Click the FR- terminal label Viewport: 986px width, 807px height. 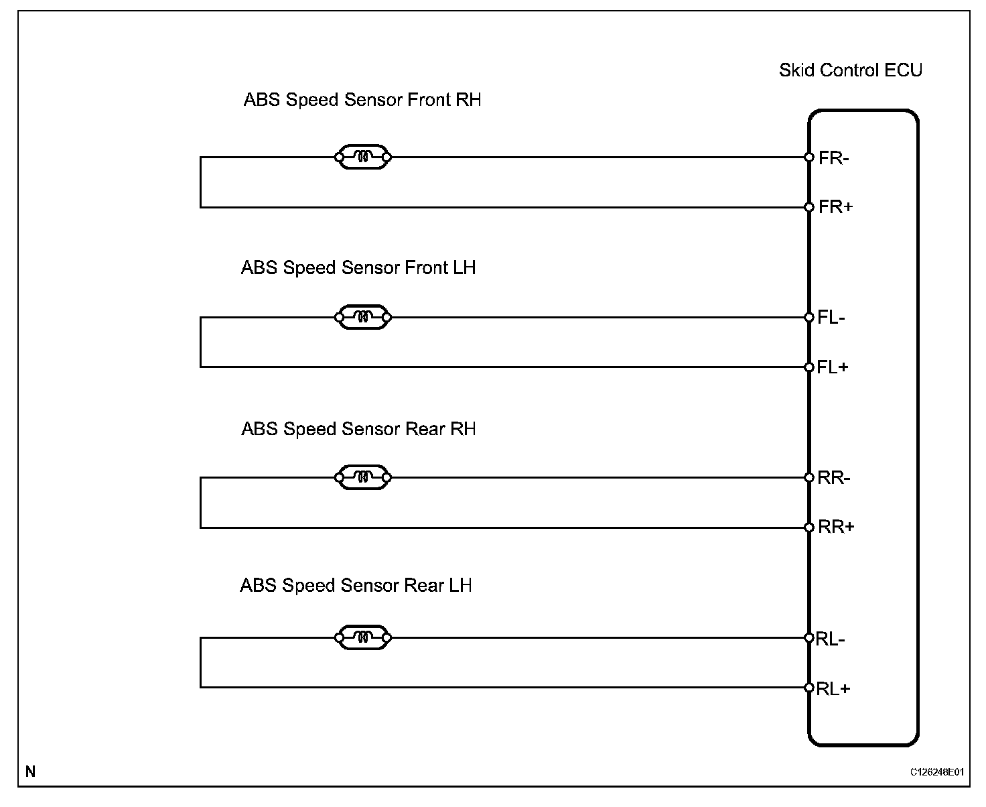[x=834, y=158]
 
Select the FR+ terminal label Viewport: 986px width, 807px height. [x=836, y=207]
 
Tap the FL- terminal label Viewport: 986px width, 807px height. [x=831, y=318]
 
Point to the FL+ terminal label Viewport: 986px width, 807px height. [x=833, y=367]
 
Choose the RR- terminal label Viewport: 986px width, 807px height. [x=834, y=478]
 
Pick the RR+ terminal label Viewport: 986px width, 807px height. [x=836, y=527]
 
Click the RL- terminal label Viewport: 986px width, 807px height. [x=831, y=639]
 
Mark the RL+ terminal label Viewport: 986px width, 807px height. [x=833, y=688]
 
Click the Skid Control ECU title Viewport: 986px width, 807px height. [x=850, y=70]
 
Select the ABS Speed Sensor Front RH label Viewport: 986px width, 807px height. [x=362, y=100]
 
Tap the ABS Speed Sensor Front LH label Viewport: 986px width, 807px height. [x=358, y=268]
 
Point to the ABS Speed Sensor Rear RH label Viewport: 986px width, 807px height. [x=358, y=429]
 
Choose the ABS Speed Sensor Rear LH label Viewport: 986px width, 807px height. [x=356, y=586]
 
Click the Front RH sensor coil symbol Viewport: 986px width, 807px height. [x=362, y=158]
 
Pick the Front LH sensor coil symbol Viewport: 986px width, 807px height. [x=362, y=317]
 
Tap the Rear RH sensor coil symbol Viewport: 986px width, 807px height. [x=362, y=477]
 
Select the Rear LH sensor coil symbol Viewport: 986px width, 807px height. [x=362, y=637]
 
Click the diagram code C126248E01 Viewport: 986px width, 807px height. [x=936, y=772]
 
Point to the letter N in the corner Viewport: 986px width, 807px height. [x=30, y=771]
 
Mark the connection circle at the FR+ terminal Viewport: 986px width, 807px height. [x=808, y=207]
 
